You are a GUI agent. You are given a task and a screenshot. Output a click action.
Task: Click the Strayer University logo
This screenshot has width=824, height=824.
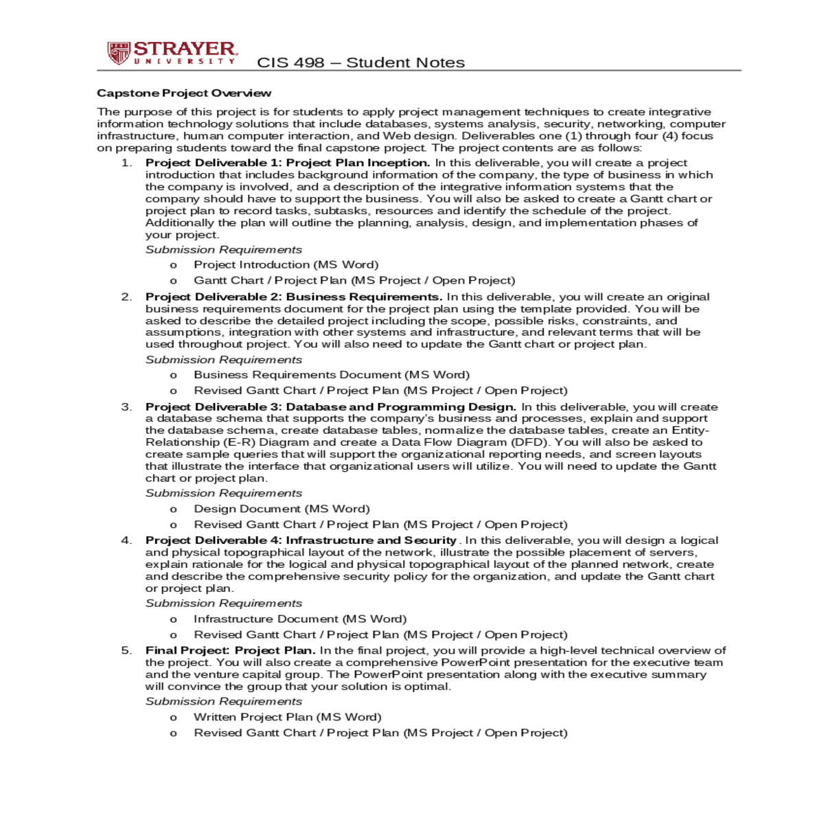pyautogui.click(x=172, y=53)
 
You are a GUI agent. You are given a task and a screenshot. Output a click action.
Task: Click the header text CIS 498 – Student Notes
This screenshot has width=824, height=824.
pyautogui.click(x=360, y=62)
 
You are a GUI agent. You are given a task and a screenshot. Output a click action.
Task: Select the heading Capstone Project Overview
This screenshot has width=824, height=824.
pyautogui.click(x=184, y=93)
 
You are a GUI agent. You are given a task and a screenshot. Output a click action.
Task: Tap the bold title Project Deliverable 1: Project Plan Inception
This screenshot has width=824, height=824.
pyautogui.click(x=288, y=163)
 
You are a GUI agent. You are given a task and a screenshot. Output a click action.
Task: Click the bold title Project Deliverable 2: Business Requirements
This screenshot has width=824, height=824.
pyautogui.click(x=294, y=297)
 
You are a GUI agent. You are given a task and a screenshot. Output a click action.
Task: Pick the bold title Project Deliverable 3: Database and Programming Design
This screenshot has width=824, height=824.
pyautogui.click(x=331, y=407)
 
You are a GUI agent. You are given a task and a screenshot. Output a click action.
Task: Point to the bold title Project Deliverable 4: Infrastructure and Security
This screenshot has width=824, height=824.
pyautogui.click(x=301, y=540)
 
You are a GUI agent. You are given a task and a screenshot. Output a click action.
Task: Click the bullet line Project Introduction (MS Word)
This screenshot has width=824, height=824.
pyautogui.click(x=286, y=265)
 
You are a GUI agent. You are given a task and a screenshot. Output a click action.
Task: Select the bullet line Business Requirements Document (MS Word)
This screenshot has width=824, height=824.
pyautogui.click(x=332, y=375)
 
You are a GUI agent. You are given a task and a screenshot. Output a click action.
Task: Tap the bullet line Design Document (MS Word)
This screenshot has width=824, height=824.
pyautogui.click(x=282, y=509)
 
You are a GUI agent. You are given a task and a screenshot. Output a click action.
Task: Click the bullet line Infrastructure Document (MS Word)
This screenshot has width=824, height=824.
pyautogui.click(x=300, y=619)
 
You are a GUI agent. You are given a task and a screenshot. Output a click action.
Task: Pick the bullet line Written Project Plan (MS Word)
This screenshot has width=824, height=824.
pyautogui.click(x=287, y=717)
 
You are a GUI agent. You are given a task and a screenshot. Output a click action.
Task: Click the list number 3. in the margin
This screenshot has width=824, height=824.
pyautogui.click(x=126, y=407)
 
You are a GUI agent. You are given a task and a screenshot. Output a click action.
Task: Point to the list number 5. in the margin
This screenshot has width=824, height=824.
pyautogui.click(x=126, y=650)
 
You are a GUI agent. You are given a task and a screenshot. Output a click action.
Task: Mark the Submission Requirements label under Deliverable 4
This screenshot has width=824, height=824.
pyautogui.click(x=224, y=604)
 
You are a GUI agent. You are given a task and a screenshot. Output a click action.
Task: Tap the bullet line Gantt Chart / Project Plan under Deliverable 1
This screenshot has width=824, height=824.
pyautogui.click(x=354, y=281)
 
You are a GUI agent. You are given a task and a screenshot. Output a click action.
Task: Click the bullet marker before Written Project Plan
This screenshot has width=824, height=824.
pyautogui.click(x=173, y=718)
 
